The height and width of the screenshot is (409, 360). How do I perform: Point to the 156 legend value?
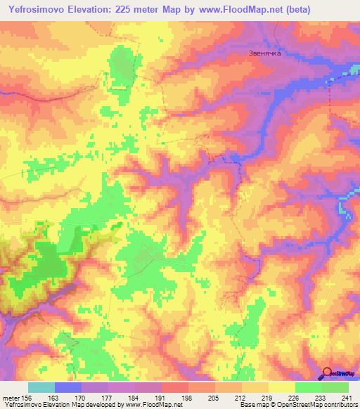click(28, 397)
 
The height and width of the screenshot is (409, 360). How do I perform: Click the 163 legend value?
click(54, 397)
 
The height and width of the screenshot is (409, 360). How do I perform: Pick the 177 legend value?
click(108, 397)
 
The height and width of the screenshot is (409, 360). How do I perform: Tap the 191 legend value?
click(161, 397)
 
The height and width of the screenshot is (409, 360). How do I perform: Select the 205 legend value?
click(214, 397)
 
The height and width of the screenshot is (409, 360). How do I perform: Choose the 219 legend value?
click(268, 397)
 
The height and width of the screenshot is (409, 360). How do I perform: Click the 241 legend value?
click(348, 397)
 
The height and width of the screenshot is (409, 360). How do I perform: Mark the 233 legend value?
click(321, 397)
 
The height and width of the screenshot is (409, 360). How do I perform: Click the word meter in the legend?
click(11, 397)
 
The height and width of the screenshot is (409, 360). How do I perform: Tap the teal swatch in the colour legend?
click(41, 387)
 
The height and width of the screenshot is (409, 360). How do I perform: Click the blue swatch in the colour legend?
click(68, 387)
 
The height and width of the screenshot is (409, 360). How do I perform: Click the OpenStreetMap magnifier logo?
click(326, 374)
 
